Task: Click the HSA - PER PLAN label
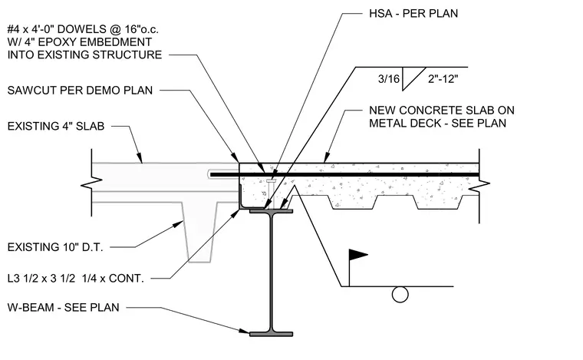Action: pyautogui.click(x=413, y=14)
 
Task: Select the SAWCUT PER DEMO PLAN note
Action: pyautogui.click(x=80, y=91)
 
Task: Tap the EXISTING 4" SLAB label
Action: pyautogui.click(x=56, y=127)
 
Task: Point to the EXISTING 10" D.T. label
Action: pyautogui.click(x=55, y=247)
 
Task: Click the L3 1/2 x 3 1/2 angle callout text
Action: pyautogui.click(x=75, y=278)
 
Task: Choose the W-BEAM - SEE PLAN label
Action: pyautogui.click(x=63, y=308)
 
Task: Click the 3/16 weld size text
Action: pyautogui.click(x=389, y=79)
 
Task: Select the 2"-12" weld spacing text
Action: pyautogui.click(x=443, y=79)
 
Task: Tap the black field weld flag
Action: pyautogui.click(x=357, y=255)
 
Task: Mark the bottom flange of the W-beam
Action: pyautogui.click(x=271, y=334)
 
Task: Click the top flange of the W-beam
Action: pyautogui.click(x=271, y=211)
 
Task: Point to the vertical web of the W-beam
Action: pyautogui.click(x=272, y=272)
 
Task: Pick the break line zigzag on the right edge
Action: pyautogui.click(x=479, y=186)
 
